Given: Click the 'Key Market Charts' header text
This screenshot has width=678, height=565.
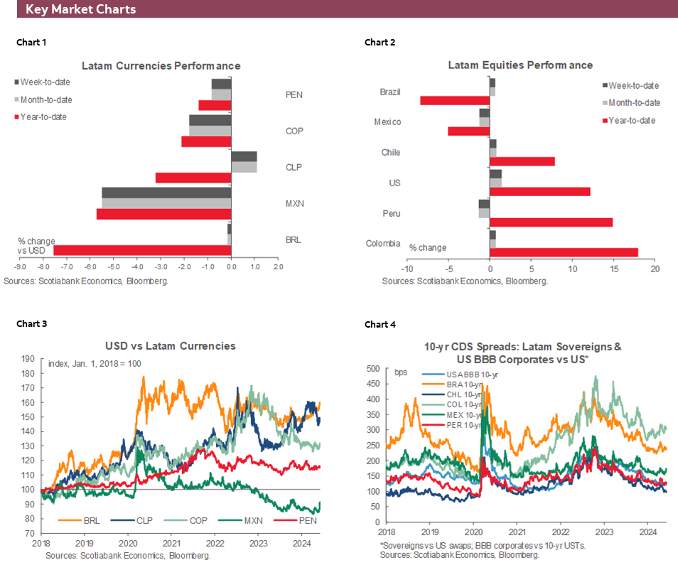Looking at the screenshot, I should click(80, 9).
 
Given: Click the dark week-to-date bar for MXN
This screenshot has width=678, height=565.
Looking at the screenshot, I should click(166, 192).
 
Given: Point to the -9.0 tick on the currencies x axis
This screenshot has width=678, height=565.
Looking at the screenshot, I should click(21, 268).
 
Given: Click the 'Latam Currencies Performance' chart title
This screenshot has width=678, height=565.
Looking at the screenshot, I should click(161, 65).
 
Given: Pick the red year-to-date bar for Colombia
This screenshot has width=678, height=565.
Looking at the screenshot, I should click(564, 252).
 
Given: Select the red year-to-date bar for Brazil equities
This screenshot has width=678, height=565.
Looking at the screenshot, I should click(455, 100).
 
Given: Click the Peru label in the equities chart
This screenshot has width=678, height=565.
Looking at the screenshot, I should click(390, 213).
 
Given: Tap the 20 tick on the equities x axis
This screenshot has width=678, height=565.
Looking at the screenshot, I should click(655, 270).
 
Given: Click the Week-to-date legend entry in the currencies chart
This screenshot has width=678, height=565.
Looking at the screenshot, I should click(45, 82).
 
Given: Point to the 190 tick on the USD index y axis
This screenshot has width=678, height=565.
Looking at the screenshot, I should click(29, 359).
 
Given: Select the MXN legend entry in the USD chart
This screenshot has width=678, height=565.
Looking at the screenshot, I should click(246, 521).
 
